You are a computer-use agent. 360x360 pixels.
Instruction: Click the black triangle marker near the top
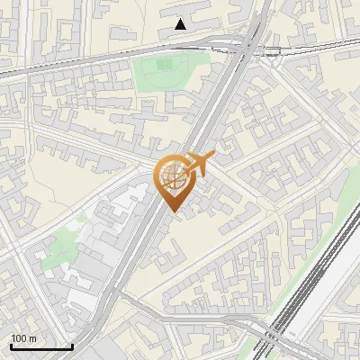pyautogui.click(x=181, y=24)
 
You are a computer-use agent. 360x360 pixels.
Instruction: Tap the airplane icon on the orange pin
pyautogui.click(x=199, y=163)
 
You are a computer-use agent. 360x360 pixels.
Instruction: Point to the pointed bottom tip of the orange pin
pyautogui.click(x=174, y=212)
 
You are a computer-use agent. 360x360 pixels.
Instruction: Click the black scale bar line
pyautogui.click(x=41, y=346)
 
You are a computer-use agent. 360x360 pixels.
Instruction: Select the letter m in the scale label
pyautogui.click(x=32, y=338)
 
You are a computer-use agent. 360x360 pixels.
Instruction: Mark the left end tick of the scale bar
pyautogui.click(x=11, y=345)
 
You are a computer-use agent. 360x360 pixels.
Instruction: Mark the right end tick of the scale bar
pyautogui.click(x=72, y=345)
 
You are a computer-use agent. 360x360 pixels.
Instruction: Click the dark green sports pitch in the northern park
pyautogui.click(x=161, y=65)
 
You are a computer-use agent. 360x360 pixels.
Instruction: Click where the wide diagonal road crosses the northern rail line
pyautogui.click(x=245, y=45)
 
